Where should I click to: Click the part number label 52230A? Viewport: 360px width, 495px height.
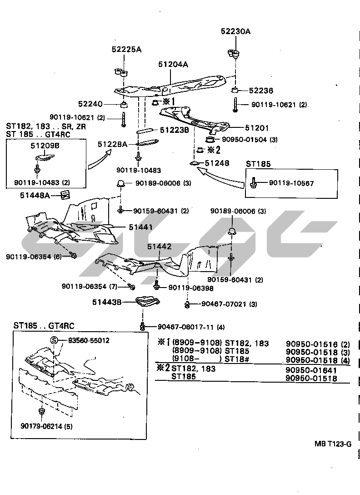(x=236, y=31)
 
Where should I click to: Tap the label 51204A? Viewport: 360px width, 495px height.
(x=173, y=65)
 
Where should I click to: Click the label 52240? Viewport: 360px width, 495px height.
(x=103, y=104)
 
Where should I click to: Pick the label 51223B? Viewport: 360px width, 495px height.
(x=174, y=130)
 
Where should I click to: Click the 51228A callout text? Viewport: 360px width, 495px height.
(x=112, y=144)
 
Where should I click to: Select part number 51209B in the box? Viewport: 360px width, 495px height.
(x=45, y=146)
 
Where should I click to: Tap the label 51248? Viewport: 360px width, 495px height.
(x=217, y=163)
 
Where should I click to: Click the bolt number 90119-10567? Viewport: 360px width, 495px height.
(x=291, y=183)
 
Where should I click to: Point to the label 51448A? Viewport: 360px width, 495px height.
(x=35, y=196)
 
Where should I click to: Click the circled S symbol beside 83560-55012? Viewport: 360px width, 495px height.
(x=54, y=340)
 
